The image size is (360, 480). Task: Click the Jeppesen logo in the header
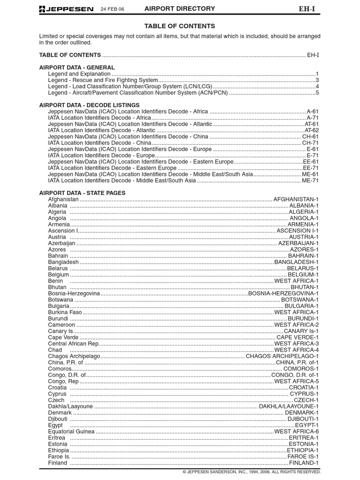point(67,9)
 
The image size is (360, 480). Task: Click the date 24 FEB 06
point(112,9)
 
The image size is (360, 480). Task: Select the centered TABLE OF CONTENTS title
point(180,26)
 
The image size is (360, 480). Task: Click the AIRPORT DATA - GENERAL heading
point(77,67)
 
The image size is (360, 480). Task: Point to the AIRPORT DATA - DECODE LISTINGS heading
point(89,105)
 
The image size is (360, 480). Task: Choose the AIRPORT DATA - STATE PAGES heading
point(82,193)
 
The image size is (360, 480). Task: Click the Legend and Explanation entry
point(79,74)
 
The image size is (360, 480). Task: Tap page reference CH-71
point(310,142)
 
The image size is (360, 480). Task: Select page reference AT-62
point(311,130)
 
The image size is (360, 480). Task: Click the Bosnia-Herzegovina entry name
point(74,293)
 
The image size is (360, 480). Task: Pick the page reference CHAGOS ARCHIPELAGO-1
point(282,356)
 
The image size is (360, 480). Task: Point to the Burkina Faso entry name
point(65,312)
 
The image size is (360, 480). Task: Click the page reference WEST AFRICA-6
point(296,431)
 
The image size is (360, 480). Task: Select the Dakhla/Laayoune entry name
point(70,406)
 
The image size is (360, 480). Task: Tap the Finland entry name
point(58,463)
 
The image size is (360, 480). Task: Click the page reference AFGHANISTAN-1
point(296,199)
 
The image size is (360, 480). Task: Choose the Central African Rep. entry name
point(74,344)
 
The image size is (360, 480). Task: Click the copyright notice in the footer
point(251,472)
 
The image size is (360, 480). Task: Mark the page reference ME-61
point(310,174)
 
